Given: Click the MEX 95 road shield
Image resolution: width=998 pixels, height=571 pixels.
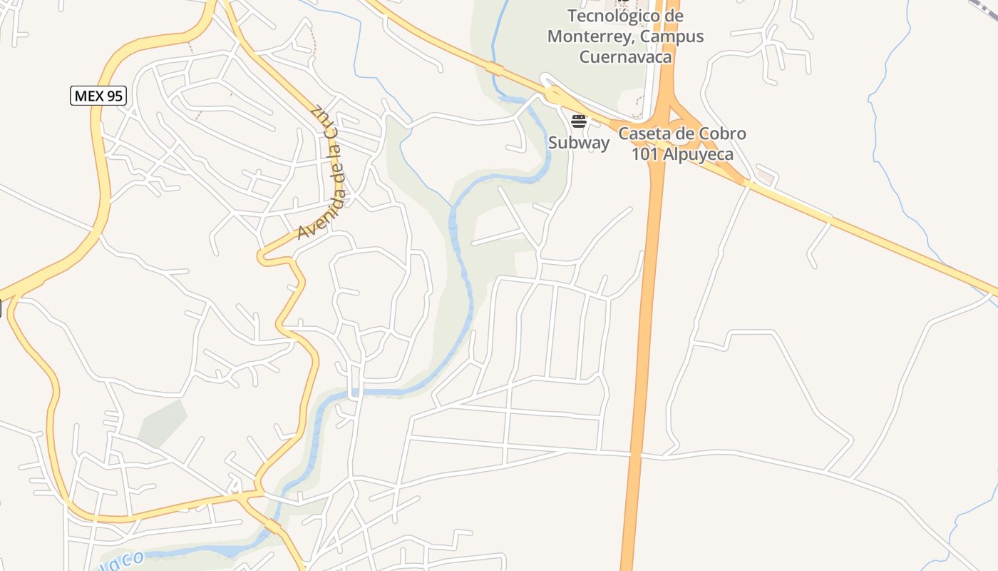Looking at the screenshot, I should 98,96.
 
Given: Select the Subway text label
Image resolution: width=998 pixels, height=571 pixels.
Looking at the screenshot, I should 579,143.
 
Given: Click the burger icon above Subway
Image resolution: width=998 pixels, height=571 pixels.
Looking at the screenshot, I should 579,121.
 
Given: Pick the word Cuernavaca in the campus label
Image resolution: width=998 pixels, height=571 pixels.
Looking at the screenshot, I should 625,57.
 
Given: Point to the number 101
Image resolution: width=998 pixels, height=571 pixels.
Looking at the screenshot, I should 646,154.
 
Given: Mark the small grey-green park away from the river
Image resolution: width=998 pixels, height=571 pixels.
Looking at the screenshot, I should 162,423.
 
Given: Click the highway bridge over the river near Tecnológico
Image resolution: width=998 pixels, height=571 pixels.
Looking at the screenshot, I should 494,69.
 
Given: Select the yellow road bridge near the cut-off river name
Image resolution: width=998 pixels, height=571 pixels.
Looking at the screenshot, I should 272,527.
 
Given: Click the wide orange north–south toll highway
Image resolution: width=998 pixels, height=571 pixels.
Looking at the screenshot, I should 645,321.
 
